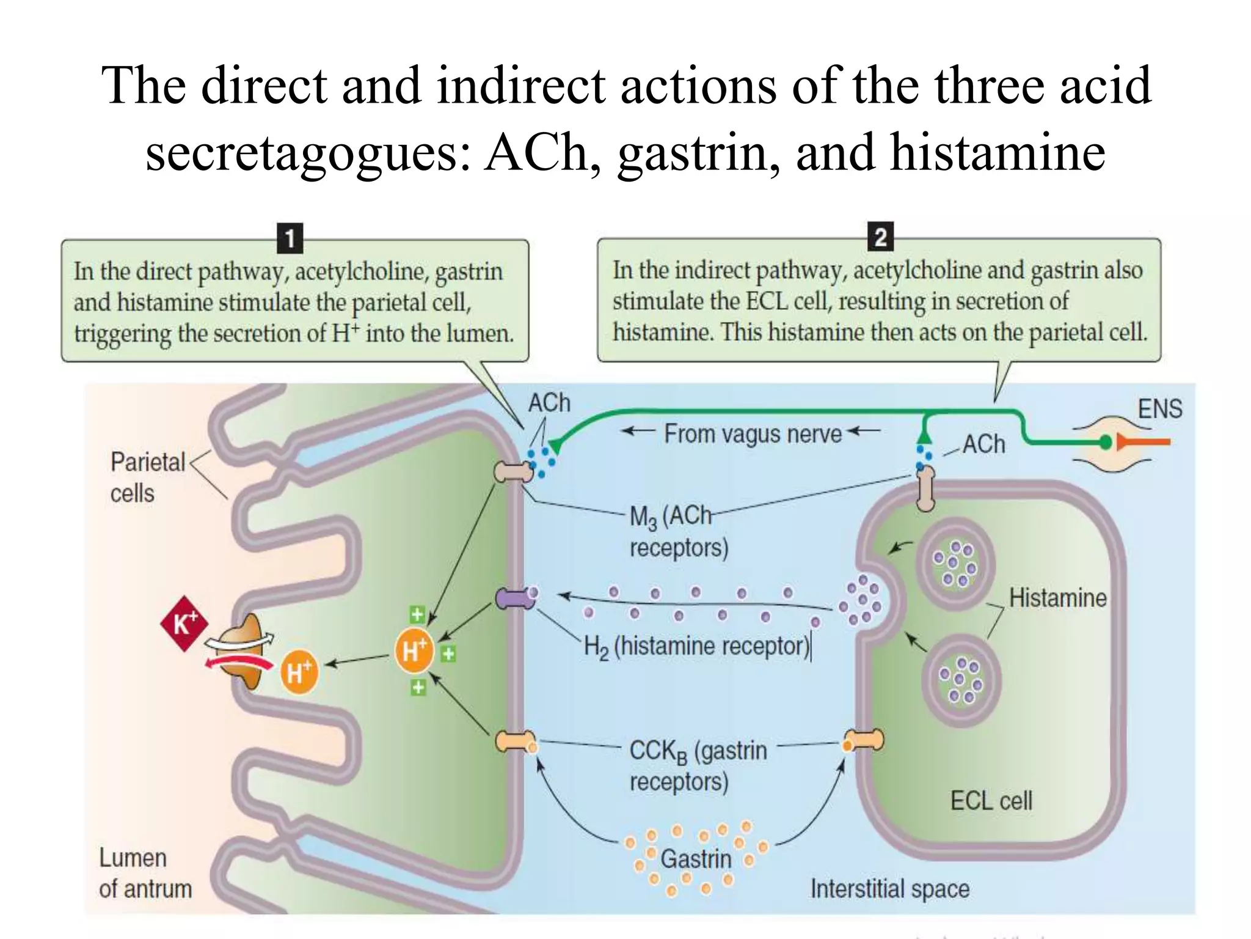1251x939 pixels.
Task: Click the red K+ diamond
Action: (x=184, y=624)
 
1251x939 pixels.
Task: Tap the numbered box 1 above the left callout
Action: (x=290, y=238)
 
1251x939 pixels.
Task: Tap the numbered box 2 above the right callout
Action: (x=880, y=237)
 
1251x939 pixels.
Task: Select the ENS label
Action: (x=1159, y=408)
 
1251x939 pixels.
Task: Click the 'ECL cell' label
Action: (x=991, y=800)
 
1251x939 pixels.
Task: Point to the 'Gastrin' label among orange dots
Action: (x=696, y=859)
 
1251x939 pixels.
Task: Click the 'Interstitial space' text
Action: (x=889, y=888)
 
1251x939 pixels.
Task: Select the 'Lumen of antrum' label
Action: (x=145, y=873)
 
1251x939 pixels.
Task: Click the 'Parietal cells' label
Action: (x=147, y=477)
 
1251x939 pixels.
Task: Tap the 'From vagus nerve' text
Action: (x=753, y=433)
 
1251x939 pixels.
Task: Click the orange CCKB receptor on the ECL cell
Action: (x=864, y=741)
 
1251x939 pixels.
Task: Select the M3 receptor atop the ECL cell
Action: (x=925, y=488)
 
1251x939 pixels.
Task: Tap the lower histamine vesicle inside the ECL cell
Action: (x=961, y=680)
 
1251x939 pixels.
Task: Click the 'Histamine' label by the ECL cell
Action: (x=1057, y=598)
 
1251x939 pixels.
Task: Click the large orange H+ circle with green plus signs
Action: (x=414, y=650)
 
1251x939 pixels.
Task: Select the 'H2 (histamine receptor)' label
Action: (x=696, y=647)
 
